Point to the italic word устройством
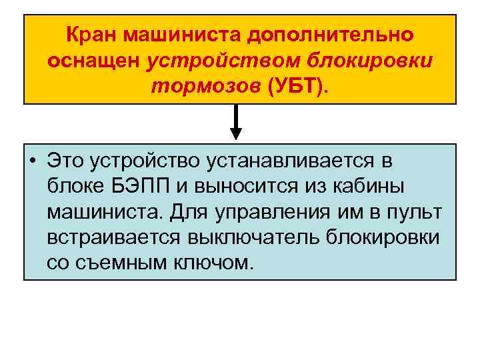[x=225, y=61]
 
